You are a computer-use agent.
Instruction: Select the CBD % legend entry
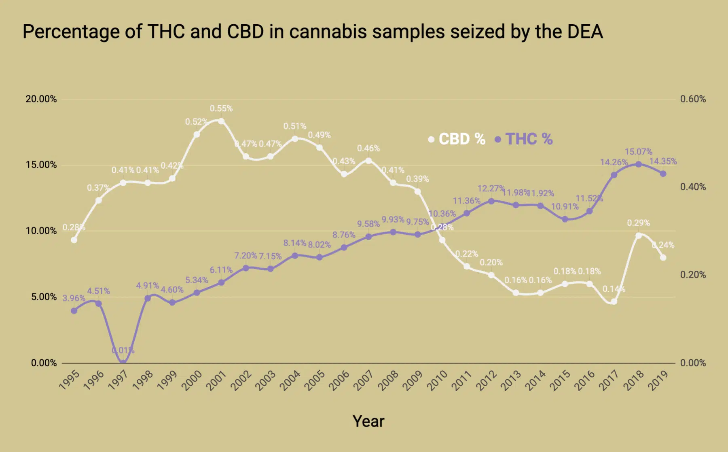457,139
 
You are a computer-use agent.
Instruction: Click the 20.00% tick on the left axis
41,99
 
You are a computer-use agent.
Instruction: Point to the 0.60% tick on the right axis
693,99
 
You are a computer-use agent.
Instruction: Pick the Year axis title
368,421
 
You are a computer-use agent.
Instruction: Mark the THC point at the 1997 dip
123,362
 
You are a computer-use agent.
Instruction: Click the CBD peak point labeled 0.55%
221,121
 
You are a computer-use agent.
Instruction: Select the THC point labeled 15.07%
639,164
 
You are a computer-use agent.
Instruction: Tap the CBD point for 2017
614,301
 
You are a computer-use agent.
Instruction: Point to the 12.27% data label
491,189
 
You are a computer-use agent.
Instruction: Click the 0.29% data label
638,223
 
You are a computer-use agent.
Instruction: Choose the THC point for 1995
74,311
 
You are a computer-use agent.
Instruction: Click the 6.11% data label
221,270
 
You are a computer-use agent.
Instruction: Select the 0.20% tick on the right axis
693,275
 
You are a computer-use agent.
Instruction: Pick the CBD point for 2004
295,139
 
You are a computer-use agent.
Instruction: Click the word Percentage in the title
71,32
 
